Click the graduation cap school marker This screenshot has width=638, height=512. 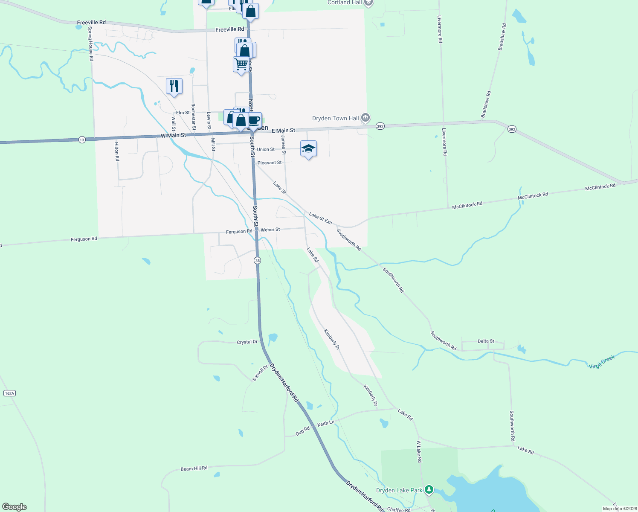coord(308,148)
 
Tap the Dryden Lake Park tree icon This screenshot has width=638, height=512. coord(429,490)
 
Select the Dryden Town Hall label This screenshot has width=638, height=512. coord(336,118)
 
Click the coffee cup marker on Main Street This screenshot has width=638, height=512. coord(255,120)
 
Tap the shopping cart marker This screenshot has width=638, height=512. coord(241,64)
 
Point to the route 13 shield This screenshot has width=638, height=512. coord(82,140)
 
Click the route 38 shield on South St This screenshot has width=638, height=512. coord(257,260)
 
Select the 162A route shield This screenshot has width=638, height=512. coord(9,393)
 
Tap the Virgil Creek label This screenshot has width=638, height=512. coord(602,362)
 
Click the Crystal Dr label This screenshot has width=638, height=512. coord(247,342)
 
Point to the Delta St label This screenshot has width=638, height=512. coord(486,341)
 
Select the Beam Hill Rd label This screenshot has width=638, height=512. coord(194,468)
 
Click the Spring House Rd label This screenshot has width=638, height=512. coord(90,44)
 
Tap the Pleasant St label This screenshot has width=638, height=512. coord(270,163)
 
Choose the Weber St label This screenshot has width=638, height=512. coord(270,230)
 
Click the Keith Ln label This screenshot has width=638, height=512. coord(326,423)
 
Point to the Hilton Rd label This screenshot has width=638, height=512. coord(117,151)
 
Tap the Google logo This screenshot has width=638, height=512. coord(14,507)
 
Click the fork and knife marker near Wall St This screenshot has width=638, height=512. coord(174,85)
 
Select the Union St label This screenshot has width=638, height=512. coord(266,149)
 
